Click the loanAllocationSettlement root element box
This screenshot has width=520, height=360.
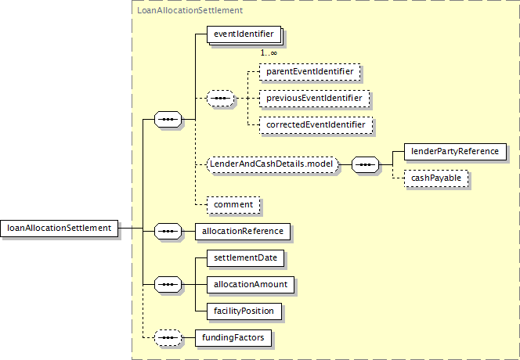coord(59,228)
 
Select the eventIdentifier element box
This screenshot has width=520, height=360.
coord(244,34)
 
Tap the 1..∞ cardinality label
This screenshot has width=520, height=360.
coord(269,52)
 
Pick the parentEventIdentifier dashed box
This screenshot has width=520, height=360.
coord(310,71)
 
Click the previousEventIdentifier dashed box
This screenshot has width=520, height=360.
coord(314,98)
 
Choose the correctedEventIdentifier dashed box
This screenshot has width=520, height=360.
coord(316,125)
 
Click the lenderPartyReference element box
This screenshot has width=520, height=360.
coord(455,152)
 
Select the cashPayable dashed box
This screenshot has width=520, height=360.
coord(436,178)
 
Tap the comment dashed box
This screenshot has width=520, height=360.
coord(233,205)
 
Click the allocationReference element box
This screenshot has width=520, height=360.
coord(243,232)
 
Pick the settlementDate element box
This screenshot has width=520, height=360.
coord(245,258)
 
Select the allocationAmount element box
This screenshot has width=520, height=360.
coord(251,284)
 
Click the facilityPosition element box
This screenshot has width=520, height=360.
coord(244,311)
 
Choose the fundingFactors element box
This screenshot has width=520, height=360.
coord(233,338)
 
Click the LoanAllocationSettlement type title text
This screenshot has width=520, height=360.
coord(190,10)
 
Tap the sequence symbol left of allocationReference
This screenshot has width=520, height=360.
coord(168,232)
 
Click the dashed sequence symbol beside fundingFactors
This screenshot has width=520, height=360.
coord(168,338)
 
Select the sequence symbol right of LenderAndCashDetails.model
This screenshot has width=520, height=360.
coord(365,165)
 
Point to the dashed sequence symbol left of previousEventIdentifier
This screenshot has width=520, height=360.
coord(221,98)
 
